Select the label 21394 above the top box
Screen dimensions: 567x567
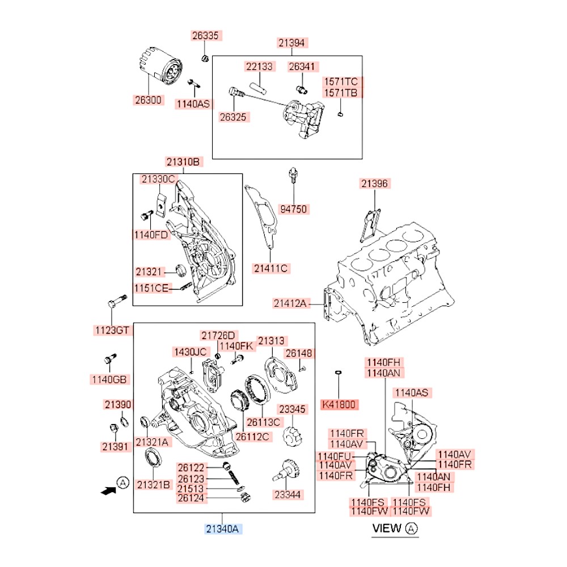click(291, 42)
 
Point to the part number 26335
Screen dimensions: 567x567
click(205, 36)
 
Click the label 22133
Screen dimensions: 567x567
click(259, 66)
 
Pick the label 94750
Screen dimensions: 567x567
click(293, 209)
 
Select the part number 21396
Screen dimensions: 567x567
click(375, 183)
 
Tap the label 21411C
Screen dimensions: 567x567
click(271, 268)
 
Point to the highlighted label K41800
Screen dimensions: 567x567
click(339, 405)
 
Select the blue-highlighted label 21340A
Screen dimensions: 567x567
click(223, 529)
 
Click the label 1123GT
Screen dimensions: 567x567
click(111, 329)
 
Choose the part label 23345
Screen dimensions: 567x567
click(291, 409)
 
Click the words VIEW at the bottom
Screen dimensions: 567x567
click(387, 528)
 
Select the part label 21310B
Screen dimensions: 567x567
click(183, 162)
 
